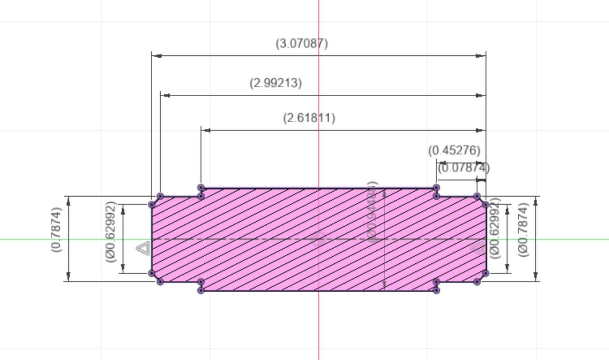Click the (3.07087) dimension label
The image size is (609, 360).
302,43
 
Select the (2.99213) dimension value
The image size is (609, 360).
276,83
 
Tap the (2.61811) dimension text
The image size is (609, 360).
309,118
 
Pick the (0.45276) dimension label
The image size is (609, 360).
454,151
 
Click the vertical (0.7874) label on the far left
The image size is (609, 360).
56,229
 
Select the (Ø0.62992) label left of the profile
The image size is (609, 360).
111,232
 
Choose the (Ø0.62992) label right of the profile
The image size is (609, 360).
496,228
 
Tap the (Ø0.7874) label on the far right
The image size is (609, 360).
523,230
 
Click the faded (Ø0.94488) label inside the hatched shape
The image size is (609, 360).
373,212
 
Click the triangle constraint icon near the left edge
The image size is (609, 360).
143,248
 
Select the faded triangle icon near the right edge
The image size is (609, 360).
477,248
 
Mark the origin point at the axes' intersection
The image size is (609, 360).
319,239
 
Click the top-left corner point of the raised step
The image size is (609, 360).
201,188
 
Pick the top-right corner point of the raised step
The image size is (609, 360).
436,188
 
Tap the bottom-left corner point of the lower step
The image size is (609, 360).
201,291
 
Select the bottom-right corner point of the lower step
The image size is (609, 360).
436,291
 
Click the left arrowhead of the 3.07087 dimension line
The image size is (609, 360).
157,56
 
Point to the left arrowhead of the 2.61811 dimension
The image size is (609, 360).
206,130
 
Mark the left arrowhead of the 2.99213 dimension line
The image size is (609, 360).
166,95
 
